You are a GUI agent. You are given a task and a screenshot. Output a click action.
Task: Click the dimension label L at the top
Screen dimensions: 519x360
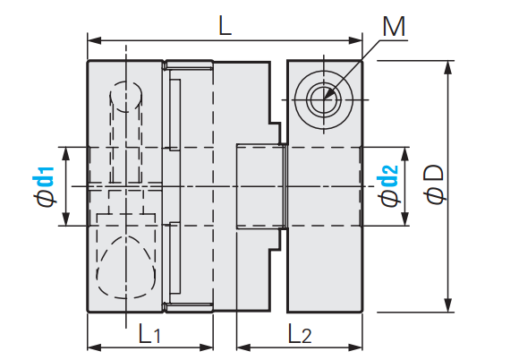pyautogui.click(x=225, y=25)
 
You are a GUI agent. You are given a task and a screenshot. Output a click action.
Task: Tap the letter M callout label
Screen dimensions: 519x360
pyautogui.click(x=394, y=27)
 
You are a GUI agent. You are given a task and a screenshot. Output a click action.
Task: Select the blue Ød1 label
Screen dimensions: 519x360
pyautogui.click(x=43, y=187)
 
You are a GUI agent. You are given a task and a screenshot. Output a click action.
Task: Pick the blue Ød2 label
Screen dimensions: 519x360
pyautogui.click(x=387, y=186)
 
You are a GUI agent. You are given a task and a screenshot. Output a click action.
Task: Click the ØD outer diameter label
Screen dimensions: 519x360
pyautogui.click(x=435, y=184)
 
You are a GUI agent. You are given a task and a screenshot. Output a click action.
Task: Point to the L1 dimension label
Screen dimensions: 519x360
pyautogui.click(x=149, y=333)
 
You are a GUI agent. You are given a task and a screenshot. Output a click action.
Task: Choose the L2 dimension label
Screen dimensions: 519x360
pyautogui.click(x=300, y=333)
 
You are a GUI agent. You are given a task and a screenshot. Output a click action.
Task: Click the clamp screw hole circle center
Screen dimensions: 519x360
pyautogui.click(x=324, y=99)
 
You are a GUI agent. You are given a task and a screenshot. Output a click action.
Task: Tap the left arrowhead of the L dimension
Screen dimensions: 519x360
pyautogui.click(x=94, y=40)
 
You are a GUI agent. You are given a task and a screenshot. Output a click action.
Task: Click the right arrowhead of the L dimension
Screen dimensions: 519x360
pyautogui.click(x=356, y=40)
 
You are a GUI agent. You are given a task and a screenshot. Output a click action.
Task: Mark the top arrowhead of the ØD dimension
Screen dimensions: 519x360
pyautogui.click(x=447, y=67)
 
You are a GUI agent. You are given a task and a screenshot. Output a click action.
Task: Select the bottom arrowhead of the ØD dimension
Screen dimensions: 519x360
pyautogui.click(x=447, y=305)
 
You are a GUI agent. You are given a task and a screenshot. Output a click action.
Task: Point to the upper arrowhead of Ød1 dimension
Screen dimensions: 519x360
pyautogui.click(x=66, y=154)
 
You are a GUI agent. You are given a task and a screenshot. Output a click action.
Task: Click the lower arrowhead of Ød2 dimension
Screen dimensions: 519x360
pyautogui.click(x=404, y=219)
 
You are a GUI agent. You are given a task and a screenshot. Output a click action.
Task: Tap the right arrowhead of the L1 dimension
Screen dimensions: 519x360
pyautogui.click(x=207, y=347)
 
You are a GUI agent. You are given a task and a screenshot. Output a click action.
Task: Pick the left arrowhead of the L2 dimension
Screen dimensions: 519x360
pyautogui.click(x=243, y=347)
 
